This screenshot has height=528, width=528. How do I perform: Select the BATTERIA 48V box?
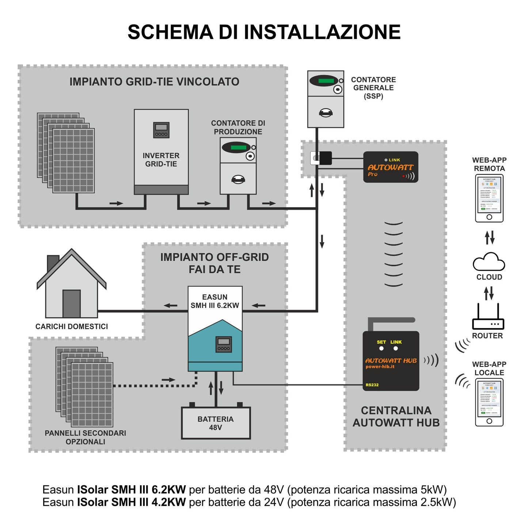(216, 423)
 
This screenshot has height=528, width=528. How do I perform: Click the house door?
(72, 303)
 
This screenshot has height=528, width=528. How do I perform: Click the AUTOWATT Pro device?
(391, 167)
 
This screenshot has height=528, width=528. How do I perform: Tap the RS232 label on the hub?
(372, 385)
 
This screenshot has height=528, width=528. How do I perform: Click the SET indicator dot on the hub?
(381, 349)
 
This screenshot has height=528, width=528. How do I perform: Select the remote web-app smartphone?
(489, 198)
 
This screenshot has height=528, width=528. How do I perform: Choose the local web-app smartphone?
(489, 402)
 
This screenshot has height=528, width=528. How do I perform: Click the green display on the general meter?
(326, 81)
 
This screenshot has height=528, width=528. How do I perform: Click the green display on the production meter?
(238, 147)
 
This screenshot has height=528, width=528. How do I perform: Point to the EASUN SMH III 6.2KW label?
(215, 301)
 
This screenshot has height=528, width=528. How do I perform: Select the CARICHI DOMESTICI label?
(72, 326)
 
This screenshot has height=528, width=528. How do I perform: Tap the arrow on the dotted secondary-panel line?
(168, 380)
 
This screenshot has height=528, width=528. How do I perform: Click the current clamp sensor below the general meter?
(321, 158)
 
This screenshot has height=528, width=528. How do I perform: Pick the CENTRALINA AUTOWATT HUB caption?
(396, 417)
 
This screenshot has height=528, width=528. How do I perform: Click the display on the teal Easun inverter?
(224, 344)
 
